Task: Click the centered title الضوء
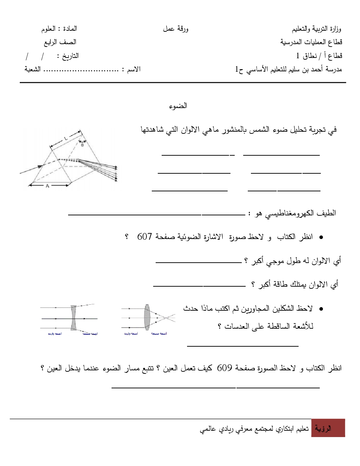pyautogui.click(x=179, y=106)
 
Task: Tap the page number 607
pyautogui.click(x=144, y=237)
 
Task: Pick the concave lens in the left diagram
pyautogui.click(x=73, y=317)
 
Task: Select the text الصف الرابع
pyautogui.click(x=60, y=42)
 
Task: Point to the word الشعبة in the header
pyautogui.click(x=32, y=69)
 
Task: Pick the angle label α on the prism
pyautogui.click(x=82, y=144)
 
